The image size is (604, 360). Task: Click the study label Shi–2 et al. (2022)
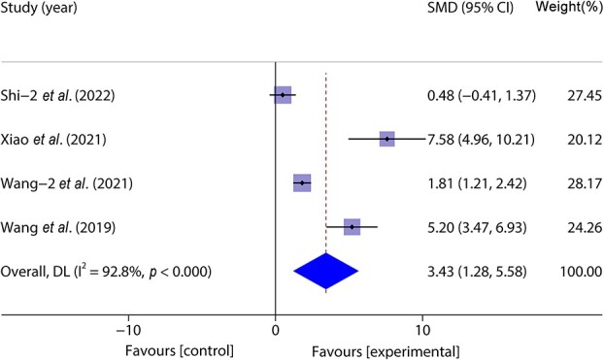(57, 95)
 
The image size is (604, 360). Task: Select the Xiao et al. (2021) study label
(53, 139)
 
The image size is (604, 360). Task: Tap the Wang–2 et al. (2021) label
(67, 182)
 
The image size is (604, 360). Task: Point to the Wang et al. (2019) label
(58, 227)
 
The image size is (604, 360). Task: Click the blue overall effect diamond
(326, 271)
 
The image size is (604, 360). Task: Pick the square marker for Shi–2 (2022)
(283, 95)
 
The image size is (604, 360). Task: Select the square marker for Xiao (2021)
(387, 139)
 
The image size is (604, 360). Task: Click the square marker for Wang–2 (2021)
(302, 182)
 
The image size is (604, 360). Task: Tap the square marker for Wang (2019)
(352, 227)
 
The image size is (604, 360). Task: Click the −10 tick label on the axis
(128, 331)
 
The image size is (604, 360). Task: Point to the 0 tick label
(276, 331)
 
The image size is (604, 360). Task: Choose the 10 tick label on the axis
(422, 331)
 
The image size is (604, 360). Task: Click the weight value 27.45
(585, 95)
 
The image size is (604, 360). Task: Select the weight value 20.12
(585, 140)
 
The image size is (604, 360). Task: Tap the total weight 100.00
(581, 272)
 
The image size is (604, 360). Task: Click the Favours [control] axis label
(180, 351)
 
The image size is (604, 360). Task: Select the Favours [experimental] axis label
(386, 352)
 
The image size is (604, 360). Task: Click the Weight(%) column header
(570, 7)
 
